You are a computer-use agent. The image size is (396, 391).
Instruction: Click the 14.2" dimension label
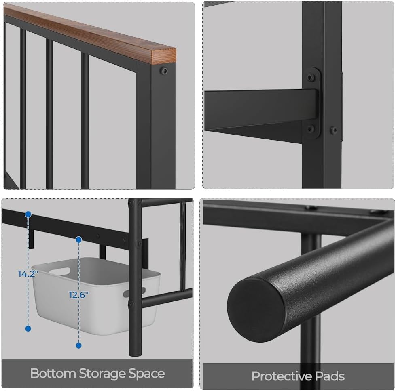[28, 274]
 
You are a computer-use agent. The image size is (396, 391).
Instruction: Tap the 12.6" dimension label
[78, 294]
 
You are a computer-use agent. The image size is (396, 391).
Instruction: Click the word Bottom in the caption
[53, 373]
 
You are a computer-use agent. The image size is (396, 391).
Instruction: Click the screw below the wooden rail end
[164, 71]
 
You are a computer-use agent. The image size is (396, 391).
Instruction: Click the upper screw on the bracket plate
[310, 77]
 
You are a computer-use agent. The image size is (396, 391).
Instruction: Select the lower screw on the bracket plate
[310, 129]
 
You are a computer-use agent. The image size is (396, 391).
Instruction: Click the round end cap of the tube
[256, 310]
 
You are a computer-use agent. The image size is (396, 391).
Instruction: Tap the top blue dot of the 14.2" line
[28, 214]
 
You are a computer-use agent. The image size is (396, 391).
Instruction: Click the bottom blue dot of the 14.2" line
[28, 328]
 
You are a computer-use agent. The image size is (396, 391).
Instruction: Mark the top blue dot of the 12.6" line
[79, 240]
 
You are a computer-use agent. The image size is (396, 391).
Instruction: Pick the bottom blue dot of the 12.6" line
[79, 345]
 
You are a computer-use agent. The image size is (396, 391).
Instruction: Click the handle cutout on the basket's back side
[59, 271]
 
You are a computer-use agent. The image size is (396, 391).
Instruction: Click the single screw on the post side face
[334, 130]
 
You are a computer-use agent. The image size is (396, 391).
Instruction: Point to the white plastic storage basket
[96, 295]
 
